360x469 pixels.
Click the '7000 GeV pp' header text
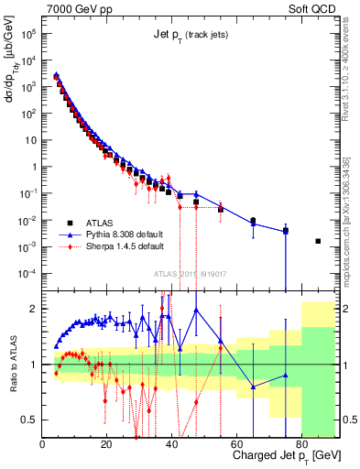pos(75,7)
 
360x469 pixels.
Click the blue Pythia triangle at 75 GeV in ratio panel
pos(286,375)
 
